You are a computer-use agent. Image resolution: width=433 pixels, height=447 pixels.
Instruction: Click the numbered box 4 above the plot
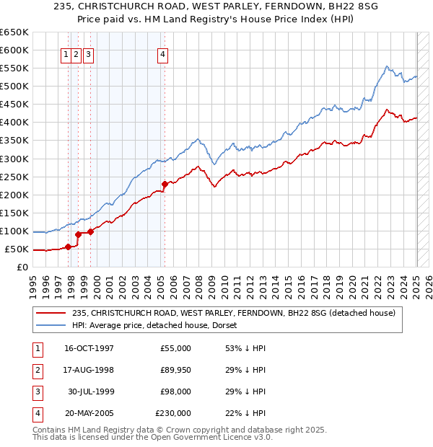click(x=163, y=53)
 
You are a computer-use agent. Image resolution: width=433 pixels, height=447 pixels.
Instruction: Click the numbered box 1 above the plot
click(x=66, y=53)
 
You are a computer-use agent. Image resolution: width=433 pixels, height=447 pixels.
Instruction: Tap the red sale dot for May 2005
click(x=165, y=184)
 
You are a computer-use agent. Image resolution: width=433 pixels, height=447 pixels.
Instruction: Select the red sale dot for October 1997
click(x=69, y=247)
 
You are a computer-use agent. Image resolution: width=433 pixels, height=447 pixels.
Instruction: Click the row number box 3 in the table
click(x=37, y=391)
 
